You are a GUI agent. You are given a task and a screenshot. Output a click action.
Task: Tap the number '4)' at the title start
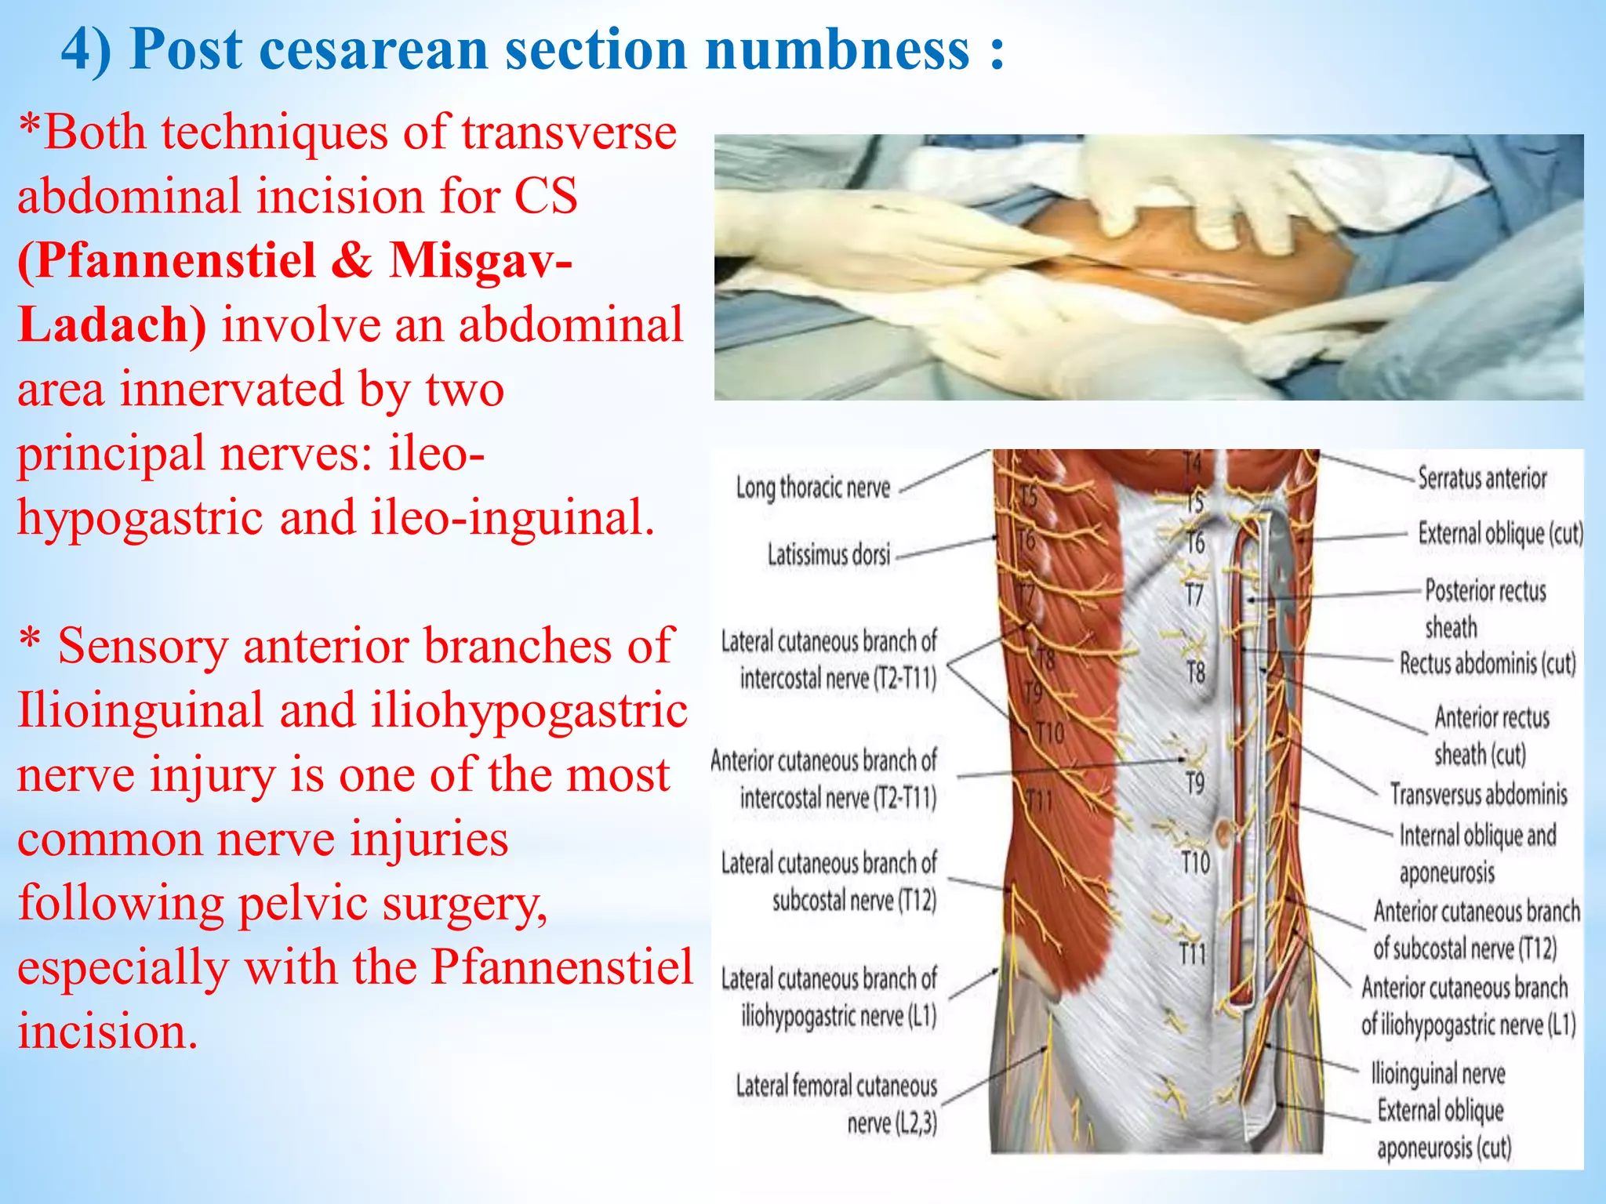click(x=86, y=49)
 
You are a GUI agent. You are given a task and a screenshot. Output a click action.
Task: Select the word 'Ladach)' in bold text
click(x=111, y=325)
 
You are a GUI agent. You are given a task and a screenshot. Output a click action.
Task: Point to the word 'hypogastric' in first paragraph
click(x=140, y=518)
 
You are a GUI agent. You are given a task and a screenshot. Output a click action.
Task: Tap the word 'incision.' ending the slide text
click(x=107, y=1032)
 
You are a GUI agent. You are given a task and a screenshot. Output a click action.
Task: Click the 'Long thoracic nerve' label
click(x=812, y=488)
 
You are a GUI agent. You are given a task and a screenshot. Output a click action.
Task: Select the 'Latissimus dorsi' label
click(x=829, y=556)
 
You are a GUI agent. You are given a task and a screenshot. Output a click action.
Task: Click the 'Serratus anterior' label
click(x=1481, y=478)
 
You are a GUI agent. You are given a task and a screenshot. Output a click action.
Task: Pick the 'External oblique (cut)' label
click(x=1500, y=535)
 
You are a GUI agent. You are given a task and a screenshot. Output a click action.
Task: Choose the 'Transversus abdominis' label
click(x=1478, y=795)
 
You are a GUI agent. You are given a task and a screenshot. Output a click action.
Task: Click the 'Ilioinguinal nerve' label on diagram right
click(x=1437, y=1073)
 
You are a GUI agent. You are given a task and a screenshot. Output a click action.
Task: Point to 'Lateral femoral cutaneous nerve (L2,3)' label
click(x=837, y=1104)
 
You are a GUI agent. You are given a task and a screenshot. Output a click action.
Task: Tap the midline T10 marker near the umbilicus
click(x=1196, y=863)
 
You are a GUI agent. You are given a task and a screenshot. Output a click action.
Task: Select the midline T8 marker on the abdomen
click(x=1195, y=673)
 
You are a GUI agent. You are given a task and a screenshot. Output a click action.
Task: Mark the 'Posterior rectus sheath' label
click(x=1484, y=608)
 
